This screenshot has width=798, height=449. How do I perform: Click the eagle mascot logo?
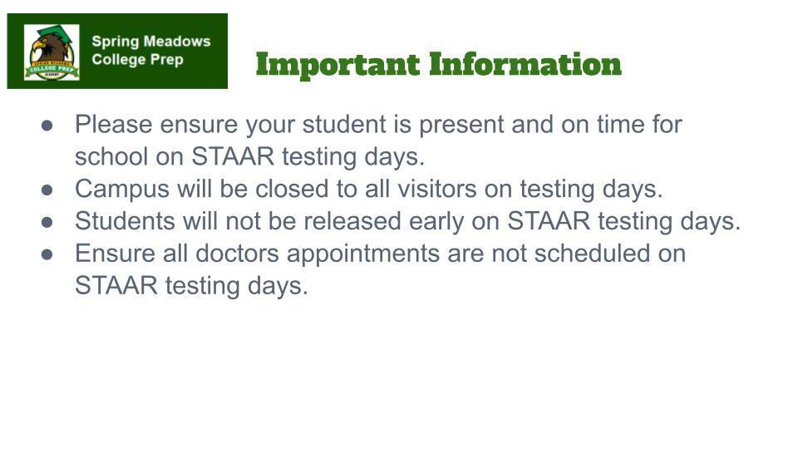(x=52, y=52)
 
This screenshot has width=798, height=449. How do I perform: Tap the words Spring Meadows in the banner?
(x=150, y=41)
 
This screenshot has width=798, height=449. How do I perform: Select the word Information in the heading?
(x=525, y=64)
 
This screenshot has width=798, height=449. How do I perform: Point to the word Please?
(x=114, y=125)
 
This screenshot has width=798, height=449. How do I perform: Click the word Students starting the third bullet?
(x=122, y=221)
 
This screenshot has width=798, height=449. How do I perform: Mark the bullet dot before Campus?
(x=48, y=190)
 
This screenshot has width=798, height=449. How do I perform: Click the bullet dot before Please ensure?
(x=48, y=126)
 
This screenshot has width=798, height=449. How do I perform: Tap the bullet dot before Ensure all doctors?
(x=48, y=254)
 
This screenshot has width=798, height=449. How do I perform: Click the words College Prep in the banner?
(x=137, y=60)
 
